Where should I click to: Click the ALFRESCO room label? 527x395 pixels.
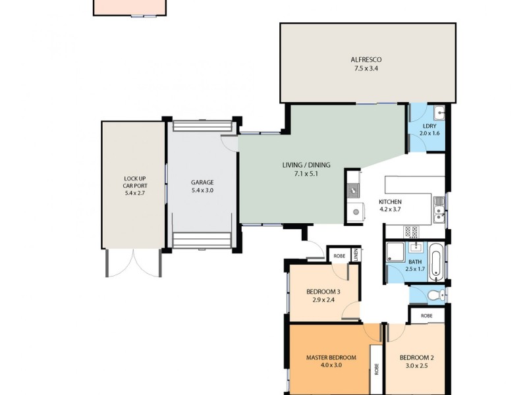click(367, 60)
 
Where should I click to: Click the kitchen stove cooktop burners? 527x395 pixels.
click(411, 231)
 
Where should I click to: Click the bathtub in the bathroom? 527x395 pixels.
click(435, 259)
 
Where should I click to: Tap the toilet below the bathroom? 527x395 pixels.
click(434, 296)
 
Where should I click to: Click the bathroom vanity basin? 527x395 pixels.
click(416, 248)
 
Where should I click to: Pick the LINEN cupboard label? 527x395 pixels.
click(356, 255)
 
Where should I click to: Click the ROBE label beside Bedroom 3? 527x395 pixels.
click(339, 255)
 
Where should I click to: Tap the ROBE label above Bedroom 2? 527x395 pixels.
click(427, 315)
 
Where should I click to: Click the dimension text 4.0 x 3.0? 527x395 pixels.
click(331, 366)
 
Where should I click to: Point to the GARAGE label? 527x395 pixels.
click(202, 182)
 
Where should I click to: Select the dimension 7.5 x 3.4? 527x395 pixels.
click(367, 68)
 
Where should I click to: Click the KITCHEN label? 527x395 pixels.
click(390, 202)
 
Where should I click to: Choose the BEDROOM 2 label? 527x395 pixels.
click(416, 358)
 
